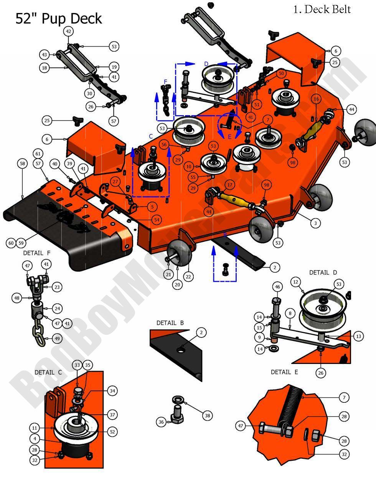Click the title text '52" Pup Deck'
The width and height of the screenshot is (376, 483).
59,19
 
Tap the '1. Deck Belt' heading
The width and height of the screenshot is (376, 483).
322,9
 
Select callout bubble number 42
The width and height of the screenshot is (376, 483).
69,32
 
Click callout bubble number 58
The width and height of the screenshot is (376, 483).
22,164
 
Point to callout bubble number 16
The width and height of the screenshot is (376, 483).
316,99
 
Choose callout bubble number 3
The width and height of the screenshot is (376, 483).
315,223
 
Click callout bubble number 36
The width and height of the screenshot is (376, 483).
161,422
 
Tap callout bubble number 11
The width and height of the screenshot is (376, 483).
35,427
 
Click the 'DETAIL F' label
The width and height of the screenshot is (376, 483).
36,253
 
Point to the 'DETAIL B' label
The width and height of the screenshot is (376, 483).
170,323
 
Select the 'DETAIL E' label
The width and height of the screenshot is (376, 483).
284,372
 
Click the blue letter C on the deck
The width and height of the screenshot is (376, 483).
151,136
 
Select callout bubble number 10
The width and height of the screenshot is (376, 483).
189,167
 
